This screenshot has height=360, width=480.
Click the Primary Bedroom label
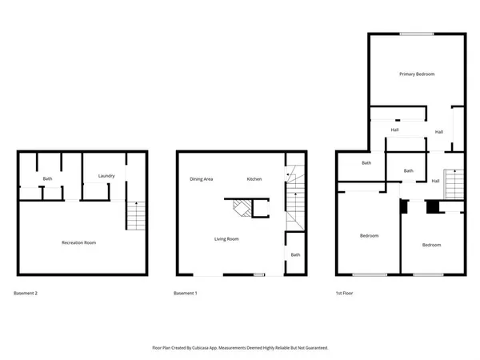pyautogui.click(x=417, y=74)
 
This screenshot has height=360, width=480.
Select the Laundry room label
pyautogui.click(x=106, y=176)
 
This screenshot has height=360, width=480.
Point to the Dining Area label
pyautogui.click(x=201, y=179)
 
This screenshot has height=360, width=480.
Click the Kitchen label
pyautogui.click(x=254, y=179)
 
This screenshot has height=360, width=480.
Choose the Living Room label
pyautogui.click(x=226, y=239)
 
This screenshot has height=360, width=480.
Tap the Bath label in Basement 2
pyautogui.click(x=47, y=178)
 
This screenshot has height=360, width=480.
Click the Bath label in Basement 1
pyautogui.click(x=295, y=255)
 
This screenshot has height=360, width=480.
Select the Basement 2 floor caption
pyautogui.click(x=26, y=294)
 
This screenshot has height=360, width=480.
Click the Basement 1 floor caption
pyautogui.click(x=185, y=294)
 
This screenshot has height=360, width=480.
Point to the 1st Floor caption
pyautogui.click(x=345, y=294)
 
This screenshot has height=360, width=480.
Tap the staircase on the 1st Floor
pyautogui.click(x=454, y=186)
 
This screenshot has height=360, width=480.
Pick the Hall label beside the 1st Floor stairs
pyautogui.click(x=435, y=181)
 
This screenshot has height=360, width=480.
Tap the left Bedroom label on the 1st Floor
pyautogui.click(x=369, y=236)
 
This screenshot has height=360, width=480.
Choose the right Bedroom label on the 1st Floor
pyautogui.click(x=432, y=245)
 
